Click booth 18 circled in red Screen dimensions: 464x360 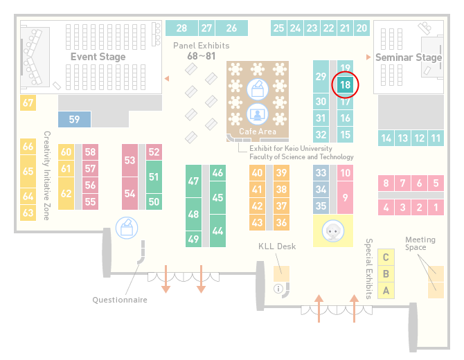[x=345, y=85]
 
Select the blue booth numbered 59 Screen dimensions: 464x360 [x=74, y=119]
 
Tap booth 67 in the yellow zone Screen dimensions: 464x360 [x=28, y=103]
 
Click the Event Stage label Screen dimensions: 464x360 [x=98, y=57]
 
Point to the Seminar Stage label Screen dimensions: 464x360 [x=409, y=57]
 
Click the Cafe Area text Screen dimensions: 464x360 [x=258, y=132]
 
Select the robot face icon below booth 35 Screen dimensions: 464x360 [x=333, y=231]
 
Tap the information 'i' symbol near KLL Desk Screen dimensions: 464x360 [x=278, y=289]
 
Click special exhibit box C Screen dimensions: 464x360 [x=386, y=257]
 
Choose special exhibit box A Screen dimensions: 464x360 [x=386, y=291]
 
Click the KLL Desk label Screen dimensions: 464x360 [x=277, y=246]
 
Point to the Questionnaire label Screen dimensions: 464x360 [x=120, y=300]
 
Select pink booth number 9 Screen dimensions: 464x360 [x=345, y=197]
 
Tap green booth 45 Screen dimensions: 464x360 [x=217, y=197]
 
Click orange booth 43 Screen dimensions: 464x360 [x=257, y=222]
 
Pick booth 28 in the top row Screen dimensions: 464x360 [x=181, y=28]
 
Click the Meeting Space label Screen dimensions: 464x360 [x=420, y=243]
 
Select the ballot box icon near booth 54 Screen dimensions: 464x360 [x=127, y=228]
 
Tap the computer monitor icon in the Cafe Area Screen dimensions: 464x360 [x=258, y=114]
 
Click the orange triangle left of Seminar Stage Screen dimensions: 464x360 [x=368, y=57]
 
